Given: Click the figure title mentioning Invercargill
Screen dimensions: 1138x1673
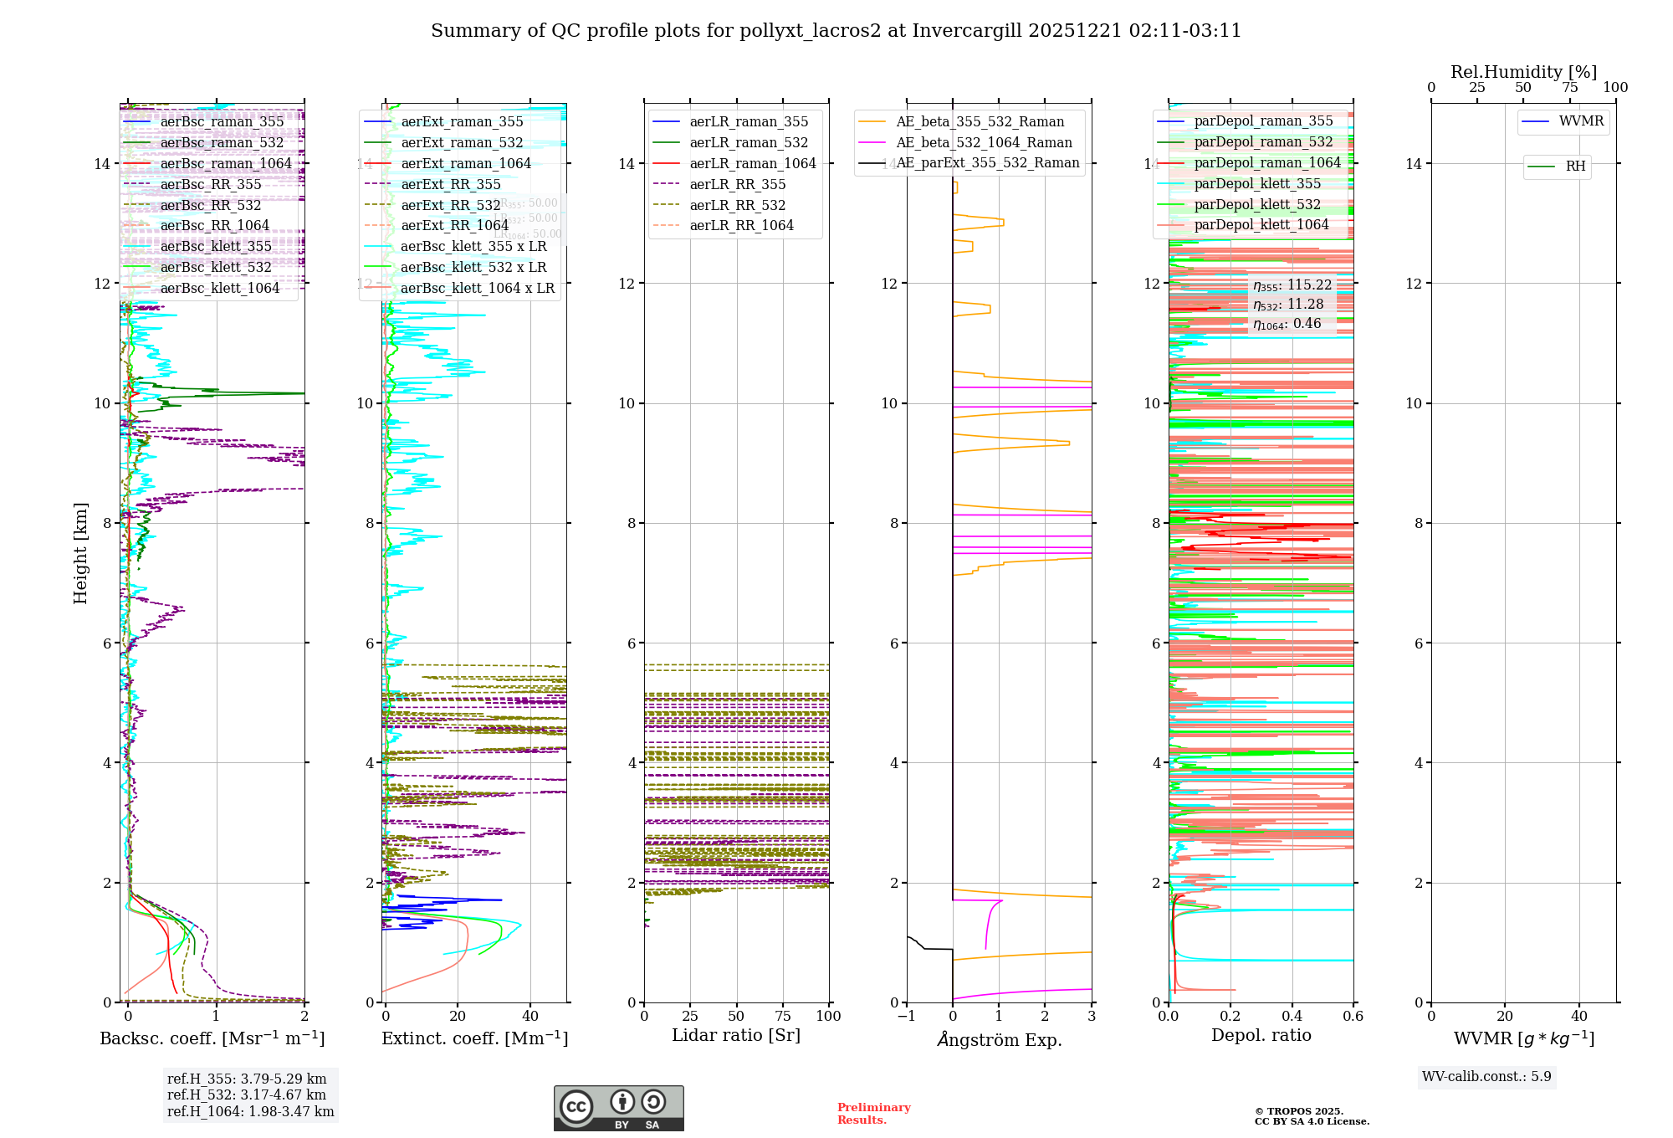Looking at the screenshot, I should (836, 31).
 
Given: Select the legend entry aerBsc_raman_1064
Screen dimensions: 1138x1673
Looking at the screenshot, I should (226, 163).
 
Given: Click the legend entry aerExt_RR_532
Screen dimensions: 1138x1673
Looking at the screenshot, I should (450, 205).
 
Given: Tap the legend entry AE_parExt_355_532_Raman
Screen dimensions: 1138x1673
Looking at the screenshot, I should (987, 162).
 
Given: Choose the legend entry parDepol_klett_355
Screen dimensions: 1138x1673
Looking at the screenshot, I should (1257, 183).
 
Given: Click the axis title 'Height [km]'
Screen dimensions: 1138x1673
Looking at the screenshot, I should (80, 552).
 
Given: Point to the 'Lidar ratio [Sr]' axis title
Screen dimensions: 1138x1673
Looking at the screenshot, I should (736, 1035).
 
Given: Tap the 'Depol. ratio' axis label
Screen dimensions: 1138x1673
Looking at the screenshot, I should (1261, 1035).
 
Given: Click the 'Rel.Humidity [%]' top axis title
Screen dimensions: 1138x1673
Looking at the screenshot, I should (1523, 72).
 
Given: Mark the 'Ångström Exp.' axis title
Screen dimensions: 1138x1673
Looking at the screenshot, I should (999, 1039).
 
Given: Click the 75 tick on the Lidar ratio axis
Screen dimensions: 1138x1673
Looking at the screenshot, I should (783, 1016).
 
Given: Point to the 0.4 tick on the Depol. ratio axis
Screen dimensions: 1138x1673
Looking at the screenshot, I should (1292, 1016).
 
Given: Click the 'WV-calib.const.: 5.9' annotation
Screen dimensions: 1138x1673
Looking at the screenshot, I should (1486, 1076).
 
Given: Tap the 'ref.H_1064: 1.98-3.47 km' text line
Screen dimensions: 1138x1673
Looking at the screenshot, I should (250, 1111).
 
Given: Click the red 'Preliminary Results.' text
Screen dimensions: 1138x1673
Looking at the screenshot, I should (873, 1113).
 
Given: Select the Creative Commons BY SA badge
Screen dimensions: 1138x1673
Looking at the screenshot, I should (618, 1108).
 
